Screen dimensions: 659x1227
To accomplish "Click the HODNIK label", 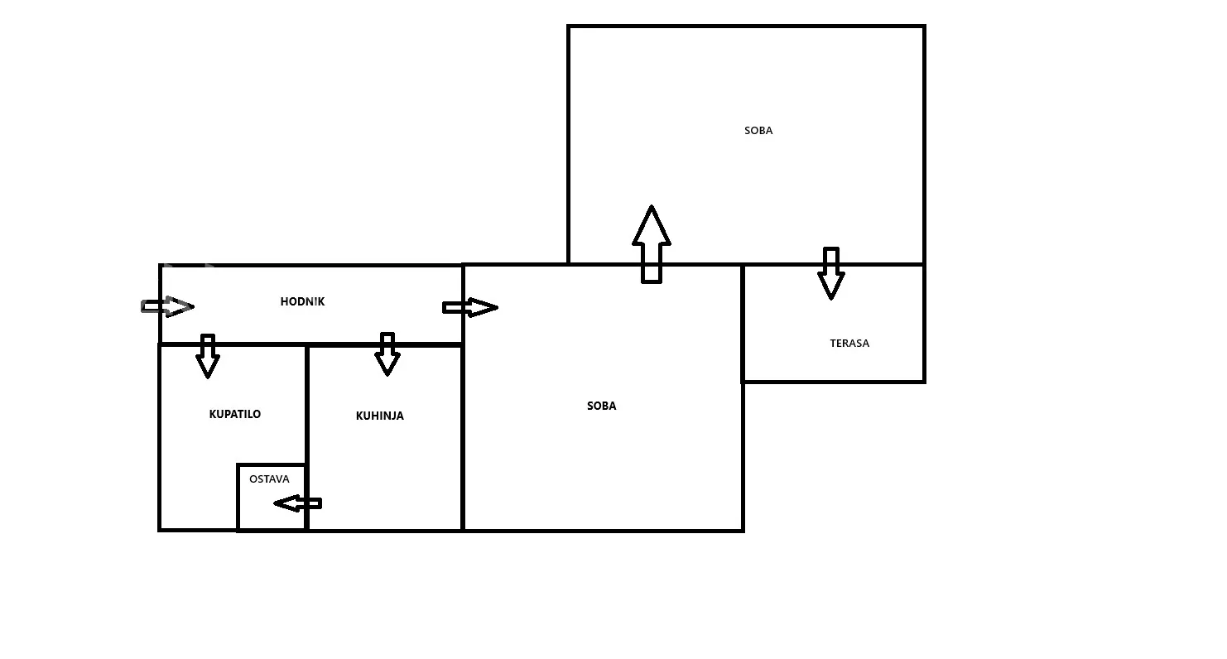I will tap(302, 302).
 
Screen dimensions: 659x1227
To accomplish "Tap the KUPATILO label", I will tap(235, 414).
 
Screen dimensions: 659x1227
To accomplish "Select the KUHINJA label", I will tap(380, 416).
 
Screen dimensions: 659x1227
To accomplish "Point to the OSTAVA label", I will tap(269, 479).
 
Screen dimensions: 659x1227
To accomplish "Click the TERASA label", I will tap(849, 343).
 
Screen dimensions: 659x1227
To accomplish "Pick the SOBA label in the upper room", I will tap(758, 131).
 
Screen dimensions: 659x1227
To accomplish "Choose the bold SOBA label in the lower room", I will tap(601, 406).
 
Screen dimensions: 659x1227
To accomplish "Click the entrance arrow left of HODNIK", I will tap(167, 306).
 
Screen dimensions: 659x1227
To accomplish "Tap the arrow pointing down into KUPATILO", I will tap(208, 356).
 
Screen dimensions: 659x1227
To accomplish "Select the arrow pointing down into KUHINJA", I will tap(387, 354).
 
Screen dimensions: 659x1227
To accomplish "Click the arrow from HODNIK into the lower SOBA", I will tap(470, 307).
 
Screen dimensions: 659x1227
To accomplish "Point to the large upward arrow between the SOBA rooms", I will tap(652, 244).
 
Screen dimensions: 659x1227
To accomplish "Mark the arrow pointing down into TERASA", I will tap(830, 272).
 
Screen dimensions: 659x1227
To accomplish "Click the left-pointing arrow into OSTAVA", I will tap(297, 503).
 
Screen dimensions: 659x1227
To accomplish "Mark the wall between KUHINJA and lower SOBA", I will tap(462, 439).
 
